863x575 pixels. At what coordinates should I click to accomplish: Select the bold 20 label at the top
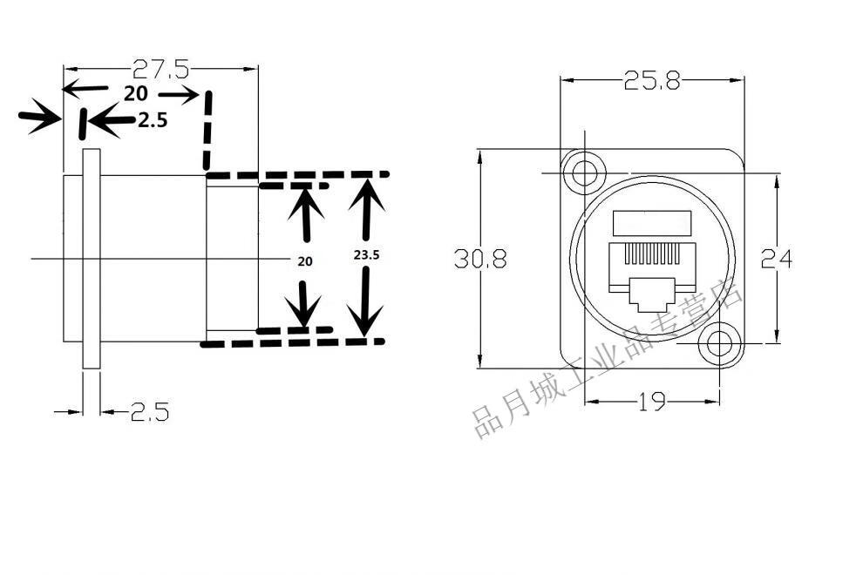coord(135,94)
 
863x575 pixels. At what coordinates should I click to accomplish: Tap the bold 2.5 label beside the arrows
coord(153,121)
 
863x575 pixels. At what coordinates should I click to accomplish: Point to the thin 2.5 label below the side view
coord(149,411)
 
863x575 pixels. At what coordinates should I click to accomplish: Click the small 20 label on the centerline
coord(304,260)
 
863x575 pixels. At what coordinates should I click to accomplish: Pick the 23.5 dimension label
coord(367,255)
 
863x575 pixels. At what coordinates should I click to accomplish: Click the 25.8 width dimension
coord(651,81)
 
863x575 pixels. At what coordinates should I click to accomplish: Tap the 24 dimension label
coord(776,258)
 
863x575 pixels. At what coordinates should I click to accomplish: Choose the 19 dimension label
coord(652,402)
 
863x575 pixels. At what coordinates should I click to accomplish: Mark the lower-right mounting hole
coord(719,343)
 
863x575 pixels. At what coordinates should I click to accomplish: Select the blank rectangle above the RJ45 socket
coord(654,223)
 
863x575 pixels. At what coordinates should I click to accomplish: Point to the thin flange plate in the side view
coord(92,258)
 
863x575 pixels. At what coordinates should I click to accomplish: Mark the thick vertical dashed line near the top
coord(207,131)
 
